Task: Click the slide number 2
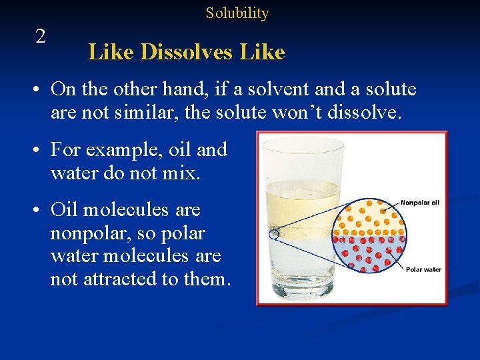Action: pos(41,37)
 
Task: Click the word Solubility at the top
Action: pos(237,13)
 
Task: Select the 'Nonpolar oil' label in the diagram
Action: pos(420,203)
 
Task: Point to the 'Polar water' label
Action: pos(423,269)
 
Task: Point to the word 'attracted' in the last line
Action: pos(121,279)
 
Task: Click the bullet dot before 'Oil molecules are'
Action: pos(41,210)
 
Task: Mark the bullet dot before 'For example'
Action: pos(41,150)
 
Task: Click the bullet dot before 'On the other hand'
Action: pos(41,89)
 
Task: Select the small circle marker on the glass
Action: pos(274,235)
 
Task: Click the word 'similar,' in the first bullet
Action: pos(139,113)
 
